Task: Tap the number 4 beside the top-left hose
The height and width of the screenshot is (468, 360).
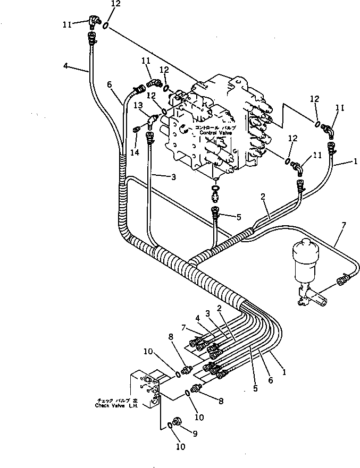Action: (65, 66)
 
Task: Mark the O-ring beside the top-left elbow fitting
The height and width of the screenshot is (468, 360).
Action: (106, 25)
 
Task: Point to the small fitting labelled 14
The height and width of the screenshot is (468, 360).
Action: (138, 127)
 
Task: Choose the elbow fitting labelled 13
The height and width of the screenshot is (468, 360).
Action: (153, 120)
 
